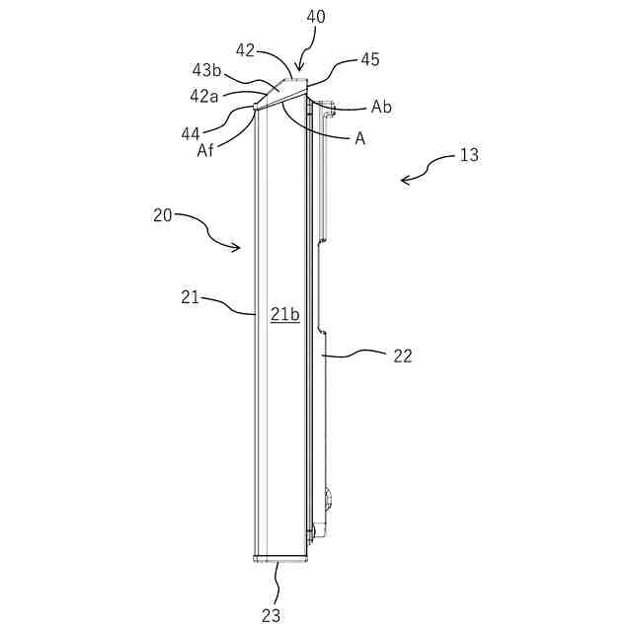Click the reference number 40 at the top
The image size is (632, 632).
coord(316,16)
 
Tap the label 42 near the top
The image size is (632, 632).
coord(246,49)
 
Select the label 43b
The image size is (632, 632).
coord(206,70)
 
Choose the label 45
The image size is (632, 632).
coord(369,59)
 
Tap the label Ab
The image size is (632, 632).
coord(381,107)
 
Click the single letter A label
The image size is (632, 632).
coord(360,139)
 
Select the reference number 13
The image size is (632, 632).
coord(469,155)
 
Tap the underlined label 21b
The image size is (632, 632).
coord(284,315)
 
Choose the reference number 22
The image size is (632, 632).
coord(402,355)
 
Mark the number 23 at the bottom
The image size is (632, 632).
coord(271,614)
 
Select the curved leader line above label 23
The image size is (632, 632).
coord(277,583)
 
